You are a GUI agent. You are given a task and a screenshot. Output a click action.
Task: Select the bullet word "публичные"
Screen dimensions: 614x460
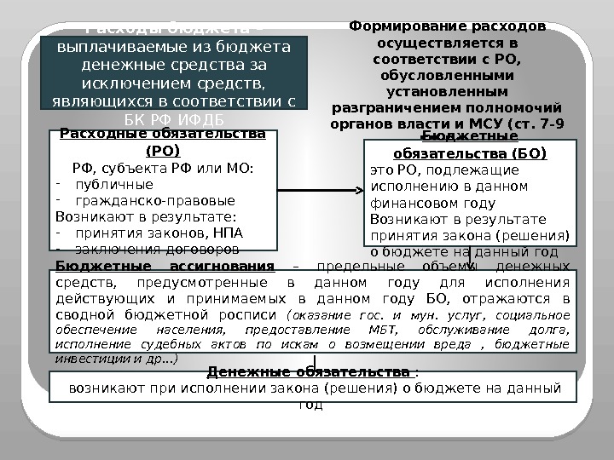pyautogui.click(x=114, y=184)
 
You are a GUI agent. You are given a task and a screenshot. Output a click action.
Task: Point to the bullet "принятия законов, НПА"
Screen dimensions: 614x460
pyautogui.click(x=159, y=233)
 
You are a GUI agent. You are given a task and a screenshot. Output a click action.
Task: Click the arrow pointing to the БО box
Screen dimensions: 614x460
pyautogui.click(x=359, y=188)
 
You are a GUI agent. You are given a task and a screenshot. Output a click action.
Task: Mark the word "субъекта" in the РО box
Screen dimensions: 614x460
pyautogui.click(x=148, y=168)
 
